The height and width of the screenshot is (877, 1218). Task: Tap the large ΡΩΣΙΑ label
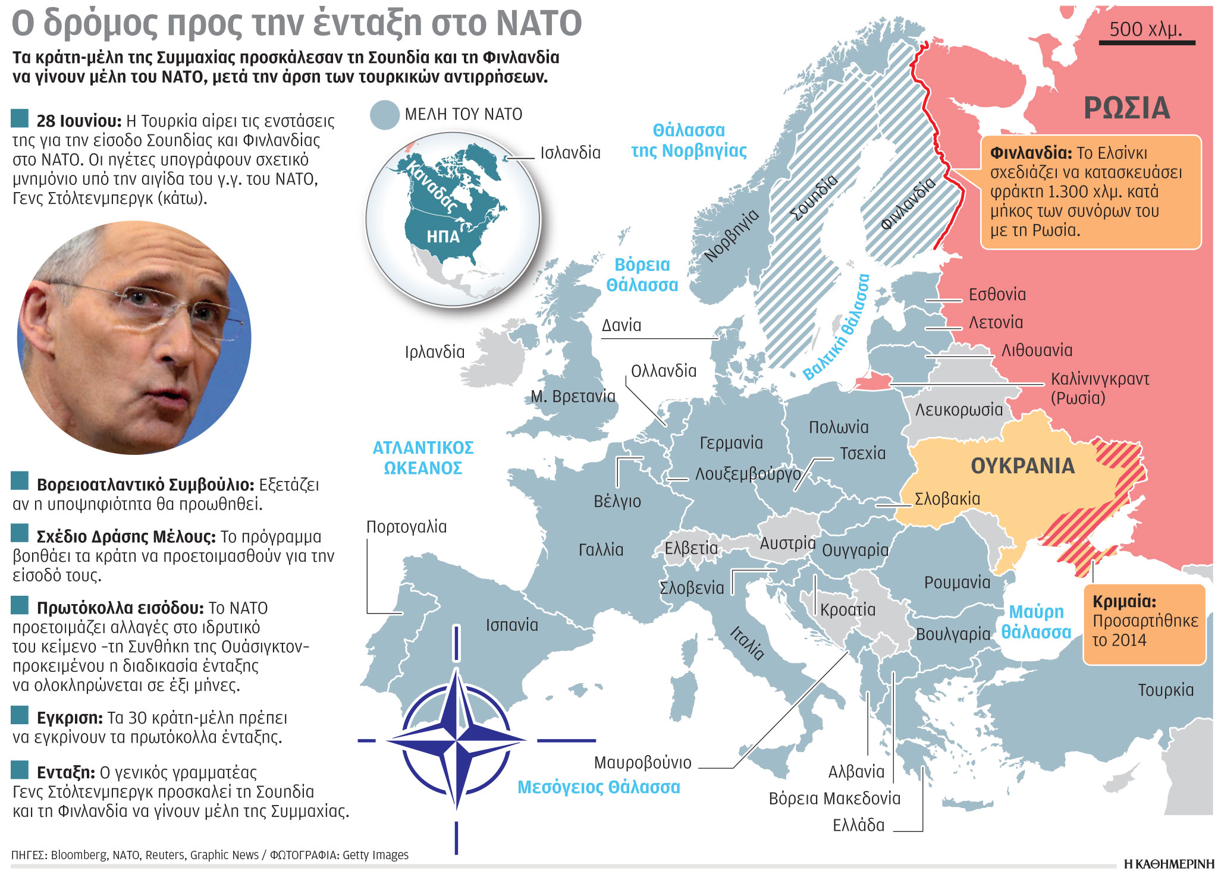[1126, 108]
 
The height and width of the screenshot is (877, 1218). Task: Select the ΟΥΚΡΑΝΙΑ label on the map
[1022, 466]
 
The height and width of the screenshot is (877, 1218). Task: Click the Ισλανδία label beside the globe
[570, 153]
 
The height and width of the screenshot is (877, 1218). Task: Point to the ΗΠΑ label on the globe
[443, 237]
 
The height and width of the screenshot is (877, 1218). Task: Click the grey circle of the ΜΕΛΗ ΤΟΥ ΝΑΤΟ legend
[384, 115]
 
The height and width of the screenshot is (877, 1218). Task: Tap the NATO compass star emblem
[456, 740]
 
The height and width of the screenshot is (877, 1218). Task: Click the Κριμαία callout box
[1144, 624]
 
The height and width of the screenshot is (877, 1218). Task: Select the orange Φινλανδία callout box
[1090, 191]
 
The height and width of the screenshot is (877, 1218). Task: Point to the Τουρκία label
[1165, 690]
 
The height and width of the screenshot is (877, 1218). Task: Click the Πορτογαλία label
[406, 527]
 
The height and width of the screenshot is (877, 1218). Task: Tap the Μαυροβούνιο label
[642, 762]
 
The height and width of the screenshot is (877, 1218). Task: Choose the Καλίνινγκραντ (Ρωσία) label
[1099, 388]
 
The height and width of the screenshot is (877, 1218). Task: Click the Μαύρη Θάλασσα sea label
[1036, 622]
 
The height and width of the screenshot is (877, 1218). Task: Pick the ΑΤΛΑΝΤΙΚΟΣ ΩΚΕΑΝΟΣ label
[423, 458]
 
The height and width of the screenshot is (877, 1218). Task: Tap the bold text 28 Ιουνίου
[79, 121]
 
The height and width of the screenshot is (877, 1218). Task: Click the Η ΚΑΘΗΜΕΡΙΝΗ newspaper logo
[1168, 863]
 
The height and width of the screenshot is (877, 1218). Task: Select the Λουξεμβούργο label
[748, 474]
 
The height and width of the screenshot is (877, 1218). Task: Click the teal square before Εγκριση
[20, 715]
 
